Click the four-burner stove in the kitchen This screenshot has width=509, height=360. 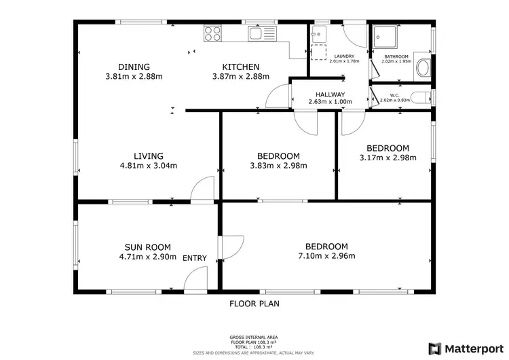(212, 32)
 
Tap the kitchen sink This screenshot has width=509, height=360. (258, 32)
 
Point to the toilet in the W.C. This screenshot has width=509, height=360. (421, 97)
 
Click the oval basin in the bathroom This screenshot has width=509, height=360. (422, 67)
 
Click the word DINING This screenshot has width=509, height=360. (133, 67)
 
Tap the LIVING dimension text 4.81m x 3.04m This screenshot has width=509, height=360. (148, 166)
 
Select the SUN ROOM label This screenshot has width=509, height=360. (147, 247)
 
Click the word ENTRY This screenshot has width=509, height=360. (195, 258)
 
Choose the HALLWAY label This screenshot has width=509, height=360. (331, 94)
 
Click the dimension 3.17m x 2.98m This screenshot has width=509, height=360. (388, 158)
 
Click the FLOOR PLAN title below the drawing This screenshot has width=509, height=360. (254, 304)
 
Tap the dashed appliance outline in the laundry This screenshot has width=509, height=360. (319, 52)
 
